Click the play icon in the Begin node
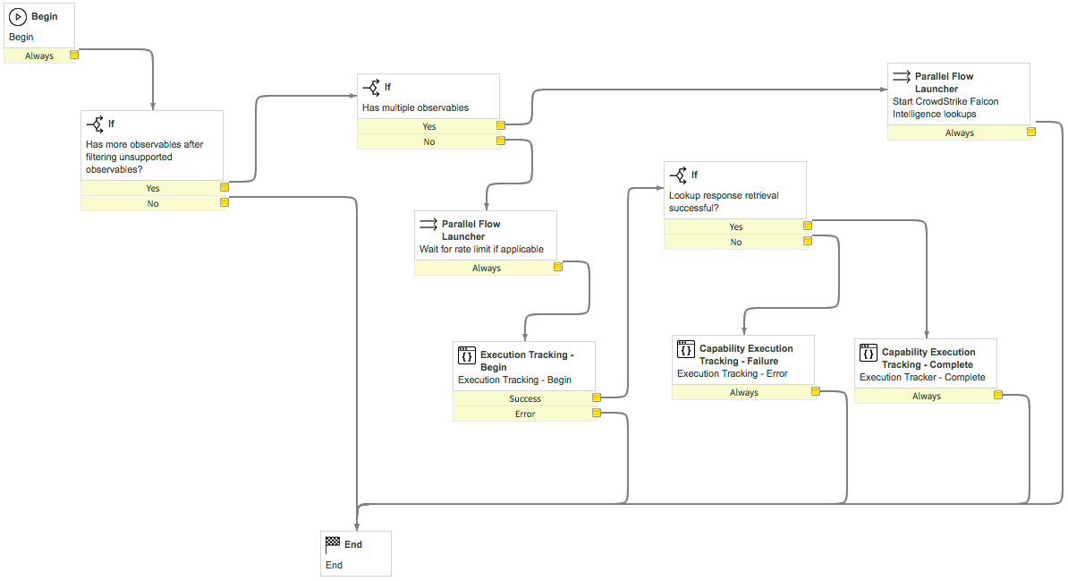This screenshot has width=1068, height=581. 18,16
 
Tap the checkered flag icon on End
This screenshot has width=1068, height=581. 333,543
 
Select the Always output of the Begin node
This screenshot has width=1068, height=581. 39,56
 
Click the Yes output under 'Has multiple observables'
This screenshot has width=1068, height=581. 429,126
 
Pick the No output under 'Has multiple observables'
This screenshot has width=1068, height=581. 429,141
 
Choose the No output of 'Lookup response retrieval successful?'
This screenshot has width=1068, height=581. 735,242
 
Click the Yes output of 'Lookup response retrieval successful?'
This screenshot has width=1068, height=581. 735,226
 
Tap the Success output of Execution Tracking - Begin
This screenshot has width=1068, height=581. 524,398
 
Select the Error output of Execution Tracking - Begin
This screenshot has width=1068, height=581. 524,414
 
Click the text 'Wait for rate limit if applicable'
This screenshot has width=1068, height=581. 481,249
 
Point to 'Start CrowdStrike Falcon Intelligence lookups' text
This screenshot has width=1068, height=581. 945,107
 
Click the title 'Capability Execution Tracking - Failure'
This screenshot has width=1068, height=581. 746,355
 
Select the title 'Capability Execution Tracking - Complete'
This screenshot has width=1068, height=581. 928,358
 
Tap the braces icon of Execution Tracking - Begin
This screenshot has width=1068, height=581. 467,355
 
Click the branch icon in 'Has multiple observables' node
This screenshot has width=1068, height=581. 372,88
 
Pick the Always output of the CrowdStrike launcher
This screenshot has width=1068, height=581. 959,133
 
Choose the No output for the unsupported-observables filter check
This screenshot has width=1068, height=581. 153,203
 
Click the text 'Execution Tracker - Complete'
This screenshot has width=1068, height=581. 922,377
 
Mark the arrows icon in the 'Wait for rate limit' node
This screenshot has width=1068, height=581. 428,224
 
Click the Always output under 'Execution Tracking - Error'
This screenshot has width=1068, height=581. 744,392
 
